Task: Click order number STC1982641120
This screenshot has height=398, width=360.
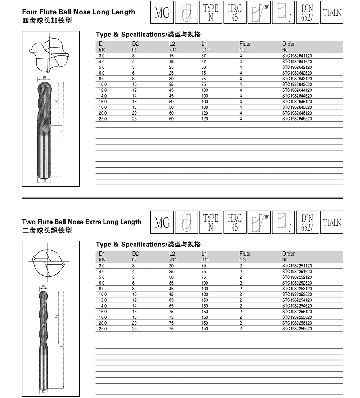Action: [x=297, y=56]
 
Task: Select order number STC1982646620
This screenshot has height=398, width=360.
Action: [x=297, y=119]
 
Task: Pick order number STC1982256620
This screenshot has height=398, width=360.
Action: [x=297, y=329]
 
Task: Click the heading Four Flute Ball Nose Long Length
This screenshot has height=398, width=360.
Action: [x=78, y=12]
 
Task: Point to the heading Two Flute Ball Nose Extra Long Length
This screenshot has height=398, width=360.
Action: [x=82, y=222]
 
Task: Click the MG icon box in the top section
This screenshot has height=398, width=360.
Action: [x=162, y=13]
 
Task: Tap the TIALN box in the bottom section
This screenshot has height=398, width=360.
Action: [x=332, y=223]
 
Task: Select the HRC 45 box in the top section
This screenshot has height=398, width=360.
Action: [x=235, y=13]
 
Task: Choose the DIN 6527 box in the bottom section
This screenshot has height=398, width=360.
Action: [x=307, y=223]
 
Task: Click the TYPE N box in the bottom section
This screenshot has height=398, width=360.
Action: [x=211, y=223]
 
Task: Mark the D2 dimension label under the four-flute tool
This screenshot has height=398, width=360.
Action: [x=45, y=180]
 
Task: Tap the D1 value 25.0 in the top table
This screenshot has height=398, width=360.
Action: [x=102, y=119]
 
